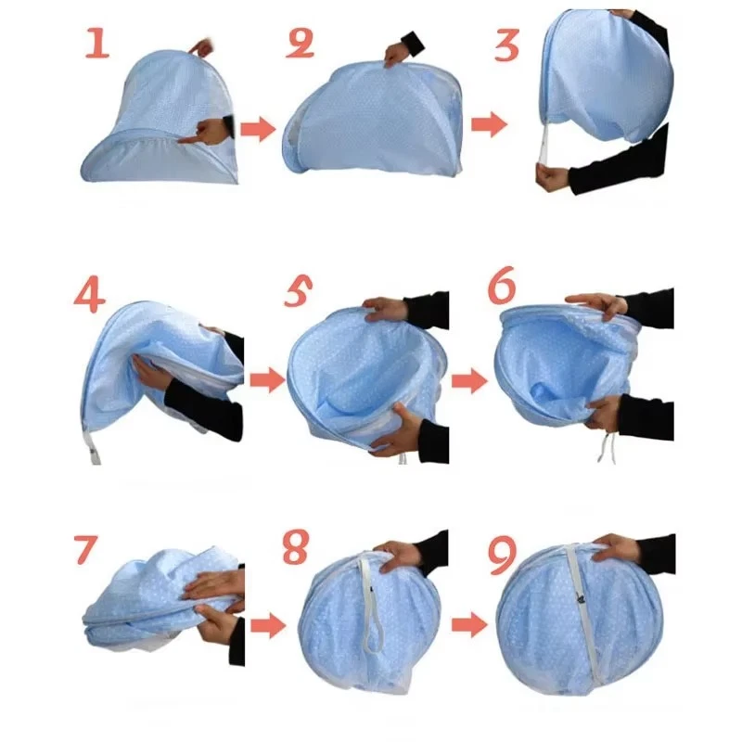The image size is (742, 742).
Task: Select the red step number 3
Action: point(506,44)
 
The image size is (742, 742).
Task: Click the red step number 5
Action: point(299,295)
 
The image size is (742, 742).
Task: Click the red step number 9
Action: point(501,554)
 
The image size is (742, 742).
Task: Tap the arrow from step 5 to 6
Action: point(469,378)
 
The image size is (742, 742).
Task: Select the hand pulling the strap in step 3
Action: point(553,175)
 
